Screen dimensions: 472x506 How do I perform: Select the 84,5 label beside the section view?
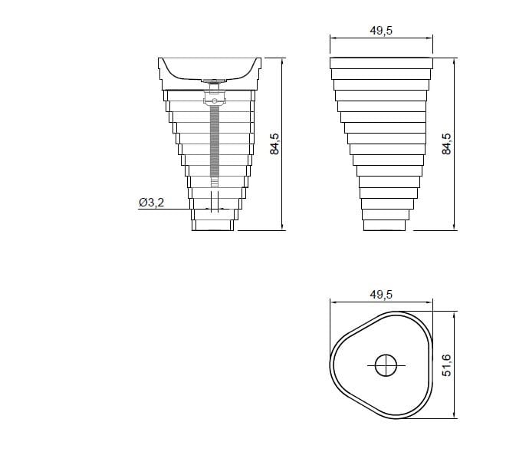tap(275, 144)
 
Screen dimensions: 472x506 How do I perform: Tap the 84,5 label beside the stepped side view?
tap(448, 144)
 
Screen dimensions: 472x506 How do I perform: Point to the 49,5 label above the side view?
tap(381, 30)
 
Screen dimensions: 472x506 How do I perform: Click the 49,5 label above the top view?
tap(381, 295)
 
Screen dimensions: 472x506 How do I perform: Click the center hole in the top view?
tap(386, 365)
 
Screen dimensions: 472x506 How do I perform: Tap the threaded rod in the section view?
tap(214, 146)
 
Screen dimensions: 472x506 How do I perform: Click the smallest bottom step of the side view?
tap(383, 223)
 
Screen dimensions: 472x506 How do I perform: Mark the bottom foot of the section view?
tap(214, 223)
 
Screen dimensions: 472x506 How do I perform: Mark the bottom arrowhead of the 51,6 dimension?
tap(457, 418)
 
